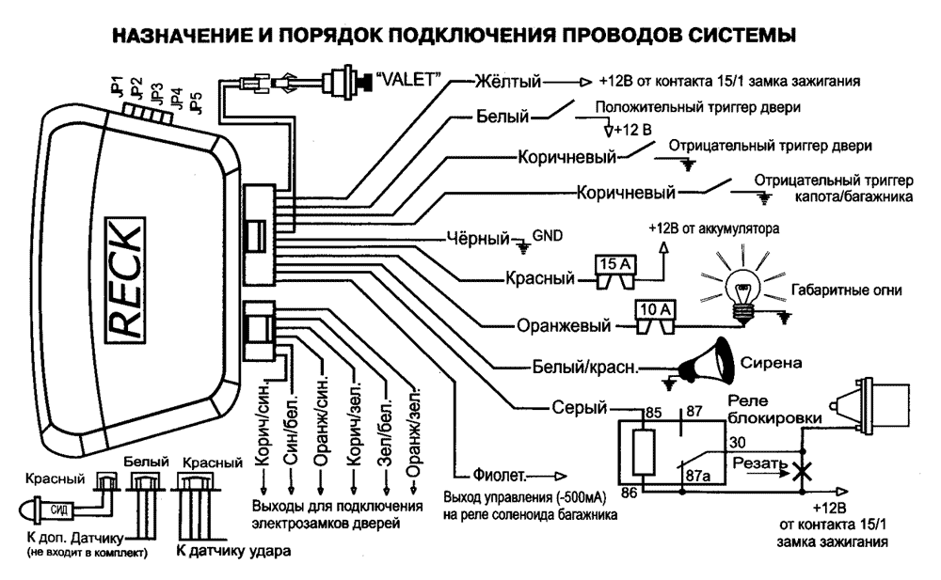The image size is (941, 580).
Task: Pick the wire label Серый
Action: tap(578, 407)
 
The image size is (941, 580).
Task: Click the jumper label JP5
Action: tap(194, 102)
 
